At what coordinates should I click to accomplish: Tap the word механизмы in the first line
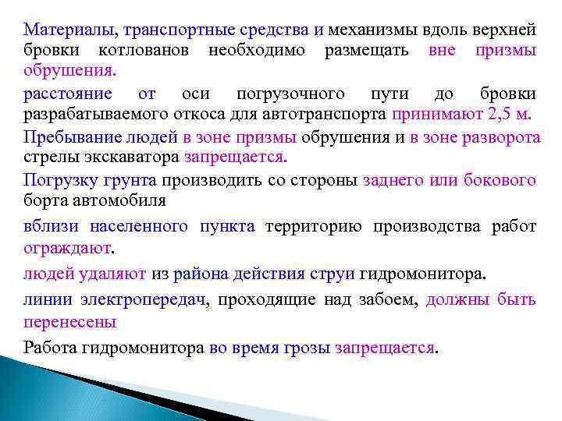click(367, 30)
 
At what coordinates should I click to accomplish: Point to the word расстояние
click(67, 94)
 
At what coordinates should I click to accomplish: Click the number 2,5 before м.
click(502, 115)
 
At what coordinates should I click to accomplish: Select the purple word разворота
click(496, 137)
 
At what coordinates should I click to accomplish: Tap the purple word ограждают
click(67, 248)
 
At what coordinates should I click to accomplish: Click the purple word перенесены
click(70, 321)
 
